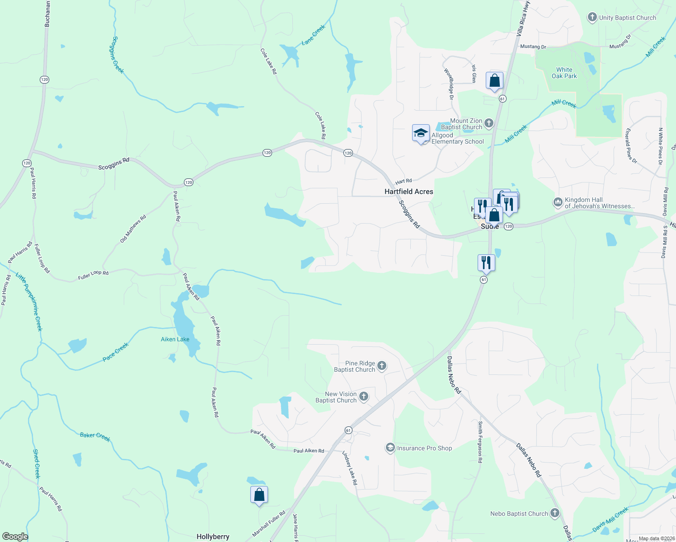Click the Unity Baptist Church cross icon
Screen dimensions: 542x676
tap(592, 18)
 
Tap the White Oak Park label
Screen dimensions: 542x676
tap(564, 73)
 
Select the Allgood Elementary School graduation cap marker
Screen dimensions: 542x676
tap(421, 133)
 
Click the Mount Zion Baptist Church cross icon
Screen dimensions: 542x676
tap(488, 123)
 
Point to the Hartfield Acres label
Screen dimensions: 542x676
tap(408, 192)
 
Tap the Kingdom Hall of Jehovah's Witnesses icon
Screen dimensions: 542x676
tap(558, 202)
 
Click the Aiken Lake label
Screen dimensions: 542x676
tap(175, 339)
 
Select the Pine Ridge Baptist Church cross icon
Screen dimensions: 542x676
tap(382, 365)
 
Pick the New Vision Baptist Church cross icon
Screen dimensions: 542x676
tap(364, 397)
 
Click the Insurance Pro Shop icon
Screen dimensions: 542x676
tap(390, 448)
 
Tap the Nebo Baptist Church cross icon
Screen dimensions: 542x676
tap(555, 513)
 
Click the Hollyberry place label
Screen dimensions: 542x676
tap(213, 537)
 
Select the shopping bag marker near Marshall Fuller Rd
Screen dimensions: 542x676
tap(259, 495)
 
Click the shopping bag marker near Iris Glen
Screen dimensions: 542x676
tap(494, 81)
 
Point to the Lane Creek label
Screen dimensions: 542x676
tap(313, 35)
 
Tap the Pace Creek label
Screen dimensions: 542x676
tap(116, 352)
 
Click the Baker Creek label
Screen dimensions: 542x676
tap(95, 436)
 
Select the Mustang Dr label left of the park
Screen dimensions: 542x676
tap(533, 47)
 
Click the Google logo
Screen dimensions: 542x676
tap(15, 537)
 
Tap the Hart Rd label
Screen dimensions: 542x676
tap(404, 182)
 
